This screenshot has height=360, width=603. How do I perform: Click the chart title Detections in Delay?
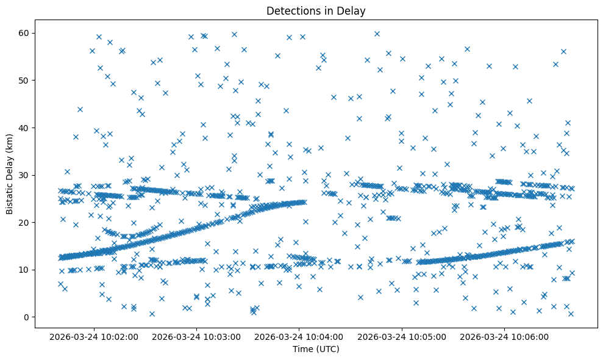coord(316,10)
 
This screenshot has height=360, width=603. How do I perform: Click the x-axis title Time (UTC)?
coord(316,349)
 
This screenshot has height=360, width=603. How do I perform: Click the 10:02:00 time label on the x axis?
coord(94,336)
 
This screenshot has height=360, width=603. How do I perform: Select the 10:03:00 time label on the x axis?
coord(197,336)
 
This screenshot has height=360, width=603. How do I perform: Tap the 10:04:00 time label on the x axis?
coord(299,336)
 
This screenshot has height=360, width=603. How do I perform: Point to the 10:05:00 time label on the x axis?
coord(402,336)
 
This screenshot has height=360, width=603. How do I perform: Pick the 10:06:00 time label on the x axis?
coord(505,336)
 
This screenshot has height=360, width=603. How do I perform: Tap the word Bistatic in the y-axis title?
coord(10,196)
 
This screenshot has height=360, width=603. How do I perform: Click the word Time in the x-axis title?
coord(302,349)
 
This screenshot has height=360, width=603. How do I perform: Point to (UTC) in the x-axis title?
coord(326,349)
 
